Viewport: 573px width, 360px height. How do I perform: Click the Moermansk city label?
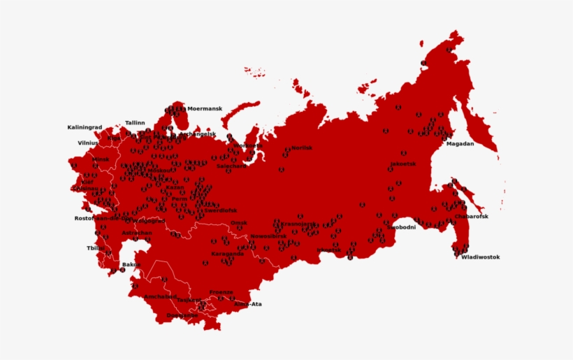coord(205,109)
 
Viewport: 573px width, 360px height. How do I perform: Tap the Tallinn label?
coord(135,123)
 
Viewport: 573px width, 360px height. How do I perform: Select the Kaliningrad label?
coord(85,128)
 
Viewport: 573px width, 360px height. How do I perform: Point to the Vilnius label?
coord(88,143)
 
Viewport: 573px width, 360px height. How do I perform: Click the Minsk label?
coord(101,159)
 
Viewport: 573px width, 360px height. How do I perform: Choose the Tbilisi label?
coord(96,248)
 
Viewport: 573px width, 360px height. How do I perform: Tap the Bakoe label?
coord(131,264)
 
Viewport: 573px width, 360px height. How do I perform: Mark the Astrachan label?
coord(136,233)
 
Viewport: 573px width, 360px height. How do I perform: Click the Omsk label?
coord(239,223)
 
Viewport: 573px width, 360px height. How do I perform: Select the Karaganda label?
coord(228,254)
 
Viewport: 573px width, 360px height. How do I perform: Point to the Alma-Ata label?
coord(247,304)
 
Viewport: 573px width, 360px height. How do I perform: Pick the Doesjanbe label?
coord(182,315)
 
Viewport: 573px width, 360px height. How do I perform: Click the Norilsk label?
coord(302,148)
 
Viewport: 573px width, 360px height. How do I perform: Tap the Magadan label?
coord(460,144)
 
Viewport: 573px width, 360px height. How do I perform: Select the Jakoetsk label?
coord(403,164)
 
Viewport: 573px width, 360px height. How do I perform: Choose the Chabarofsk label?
coord(471,217)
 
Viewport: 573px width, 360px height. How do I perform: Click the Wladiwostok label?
coord(480,257)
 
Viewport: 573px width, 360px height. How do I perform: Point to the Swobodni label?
coord(401,227)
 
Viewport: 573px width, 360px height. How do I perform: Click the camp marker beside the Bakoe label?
coord(122,270)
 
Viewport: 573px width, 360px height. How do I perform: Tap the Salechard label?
coord(231,166)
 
